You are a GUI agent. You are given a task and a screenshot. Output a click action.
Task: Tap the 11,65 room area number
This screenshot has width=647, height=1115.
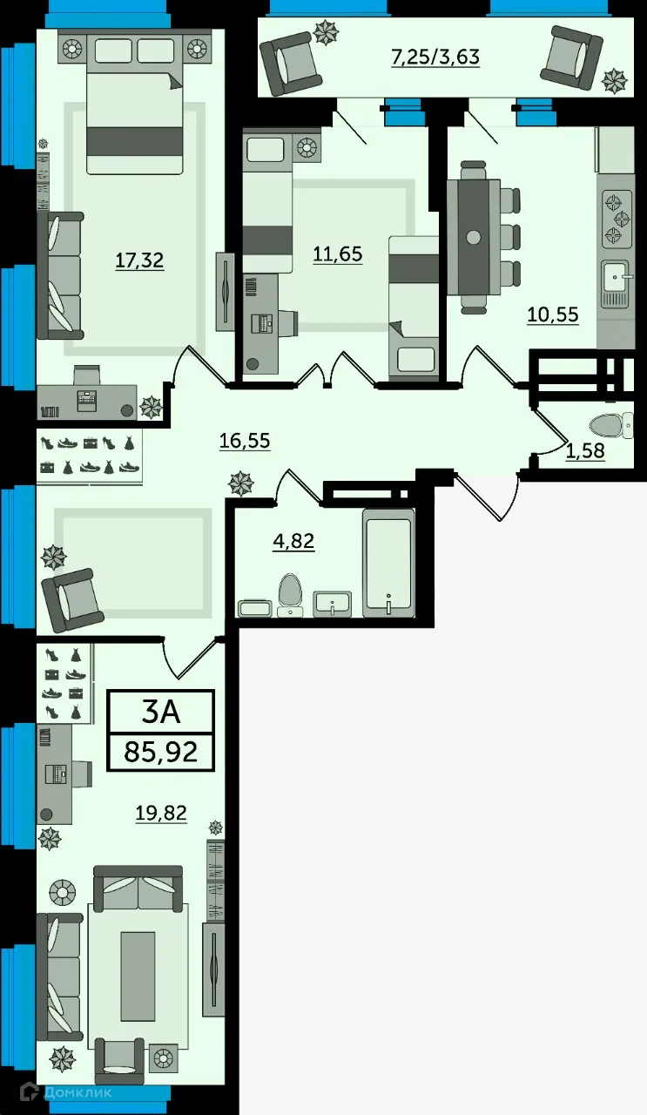coord(337,254)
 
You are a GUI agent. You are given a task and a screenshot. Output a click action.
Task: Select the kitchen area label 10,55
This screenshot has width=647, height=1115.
coord(552,314)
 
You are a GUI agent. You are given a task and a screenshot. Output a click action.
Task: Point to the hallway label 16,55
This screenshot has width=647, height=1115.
coord(244,441)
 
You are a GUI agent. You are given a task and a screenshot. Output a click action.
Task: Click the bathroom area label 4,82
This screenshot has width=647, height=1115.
coord(293,541)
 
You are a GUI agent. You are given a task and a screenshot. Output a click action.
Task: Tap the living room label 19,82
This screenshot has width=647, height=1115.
coord(161,813)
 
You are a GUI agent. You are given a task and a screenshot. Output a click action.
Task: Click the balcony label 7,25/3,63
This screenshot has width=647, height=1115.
coord(435,58)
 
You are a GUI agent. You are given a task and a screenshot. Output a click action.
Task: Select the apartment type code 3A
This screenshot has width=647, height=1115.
coord(160,712)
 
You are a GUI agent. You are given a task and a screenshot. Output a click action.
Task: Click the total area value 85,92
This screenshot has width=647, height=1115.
coord(160,751)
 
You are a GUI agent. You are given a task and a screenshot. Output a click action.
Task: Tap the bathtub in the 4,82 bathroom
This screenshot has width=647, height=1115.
coord(388,563)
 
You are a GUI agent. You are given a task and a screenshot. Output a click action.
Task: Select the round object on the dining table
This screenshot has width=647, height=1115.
coord(473,237)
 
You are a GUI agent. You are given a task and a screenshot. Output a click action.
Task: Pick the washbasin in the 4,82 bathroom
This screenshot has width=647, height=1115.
coord(332,602)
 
